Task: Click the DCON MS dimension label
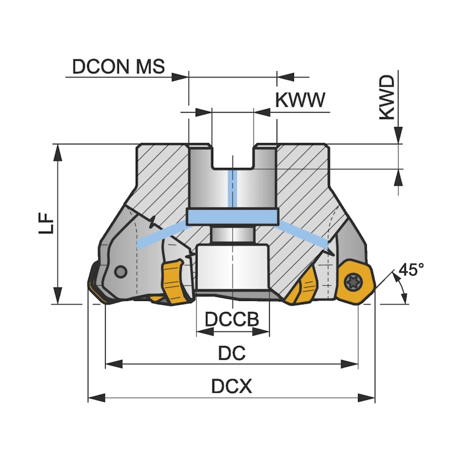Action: (118, 66)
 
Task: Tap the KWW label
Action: (300, 100)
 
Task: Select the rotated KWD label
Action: (389, 97)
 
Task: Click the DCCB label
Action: (232, 319)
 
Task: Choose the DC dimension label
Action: (232, 353)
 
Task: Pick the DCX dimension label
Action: (232, 386)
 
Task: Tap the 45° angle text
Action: (411, 270)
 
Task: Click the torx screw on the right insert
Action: (352, 282)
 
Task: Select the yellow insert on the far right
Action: (354, 282)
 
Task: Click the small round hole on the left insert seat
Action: (121, 271)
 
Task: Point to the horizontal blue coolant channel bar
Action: (232, 217)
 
